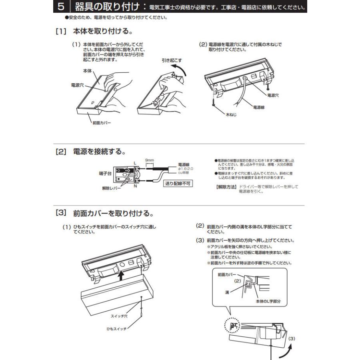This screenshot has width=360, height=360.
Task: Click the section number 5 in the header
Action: [60, 7]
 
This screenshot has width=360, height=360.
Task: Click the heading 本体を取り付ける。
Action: [102, 31]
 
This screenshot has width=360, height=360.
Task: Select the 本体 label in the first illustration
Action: [87, 70]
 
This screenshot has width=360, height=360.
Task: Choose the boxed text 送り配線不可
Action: [178, 184]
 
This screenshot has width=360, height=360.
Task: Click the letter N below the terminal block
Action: [135, 186]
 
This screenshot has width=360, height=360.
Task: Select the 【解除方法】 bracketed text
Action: [226, 187]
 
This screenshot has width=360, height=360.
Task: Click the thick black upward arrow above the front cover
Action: [120, 275]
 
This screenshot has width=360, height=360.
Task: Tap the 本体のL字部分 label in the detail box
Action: [267, 300]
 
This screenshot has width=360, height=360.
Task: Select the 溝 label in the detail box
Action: [227, 293]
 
